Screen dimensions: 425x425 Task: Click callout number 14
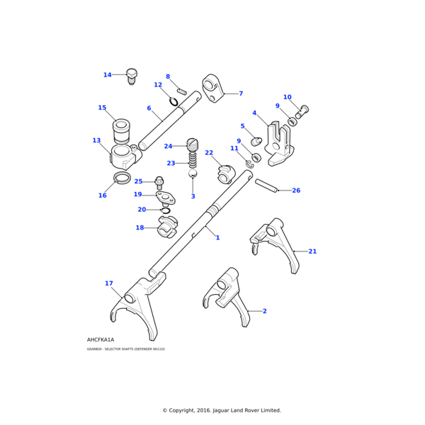(x=107, y=74)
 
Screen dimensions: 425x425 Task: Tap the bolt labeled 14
(x=131, y=76)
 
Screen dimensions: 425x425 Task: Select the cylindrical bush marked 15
(x=122, y=131)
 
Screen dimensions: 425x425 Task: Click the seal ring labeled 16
(x=122, y=176)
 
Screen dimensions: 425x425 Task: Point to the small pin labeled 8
(x=181, y=91)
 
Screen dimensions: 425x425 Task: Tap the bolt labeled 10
(x=304, y=110)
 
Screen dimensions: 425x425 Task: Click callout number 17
(x=108, y=283)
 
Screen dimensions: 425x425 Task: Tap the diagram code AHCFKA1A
(x=100, y=339)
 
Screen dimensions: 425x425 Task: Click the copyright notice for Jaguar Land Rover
(x=222, y=410)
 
